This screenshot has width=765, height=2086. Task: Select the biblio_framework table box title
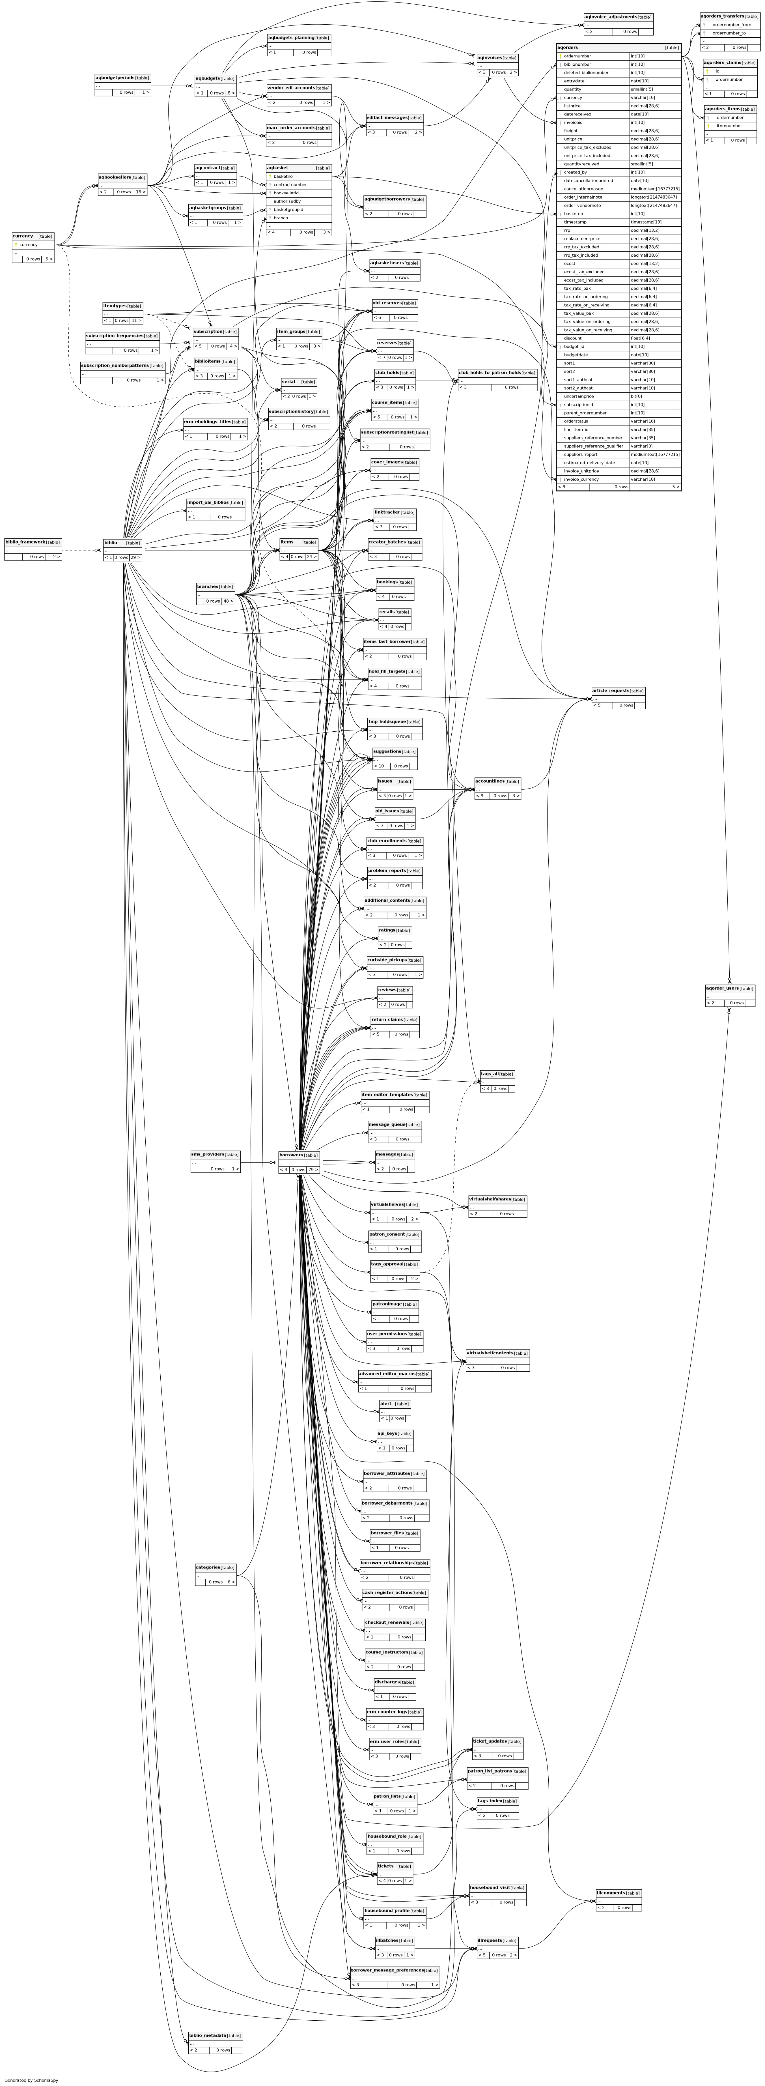(24, 542)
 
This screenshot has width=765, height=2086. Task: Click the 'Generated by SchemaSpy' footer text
(31, 2079)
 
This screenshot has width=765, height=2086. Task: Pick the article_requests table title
(610, 691)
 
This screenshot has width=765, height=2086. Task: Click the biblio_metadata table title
(207, 2035)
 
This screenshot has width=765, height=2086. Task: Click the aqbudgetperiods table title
(114, 78)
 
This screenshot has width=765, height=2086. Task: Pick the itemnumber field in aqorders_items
(729, 126)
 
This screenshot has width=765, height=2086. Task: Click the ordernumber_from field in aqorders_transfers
(731, 24)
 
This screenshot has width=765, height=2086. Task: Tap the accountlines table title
(490, 781)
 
